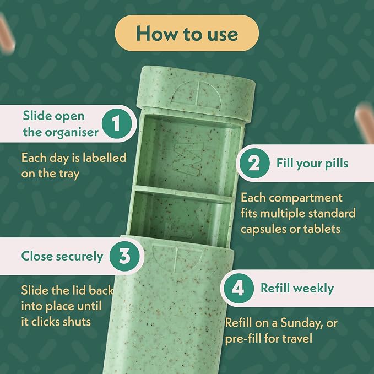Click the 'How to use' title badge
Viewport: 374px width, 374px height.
pos(187,33)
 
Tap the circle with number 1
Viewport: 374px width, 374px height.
pos(117,123)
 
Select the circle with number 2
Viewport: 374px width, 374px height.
pos(254,164)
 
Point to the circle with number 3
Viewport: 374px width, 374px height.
pos(124,256)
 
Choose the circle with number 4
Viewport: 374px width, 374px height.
pos(239,289)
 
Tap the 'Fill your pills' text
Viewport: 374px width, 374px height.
pos(312,164)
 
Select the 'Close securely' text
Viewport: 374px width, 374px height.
pos(62,256)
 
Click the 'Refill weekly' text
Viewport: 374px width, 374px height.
pos(297,289)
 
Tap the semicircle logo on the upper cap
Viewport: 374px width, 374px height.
pos(196,95)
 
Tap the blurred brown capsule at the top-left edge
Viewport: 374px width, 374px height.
pos(7,34)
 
